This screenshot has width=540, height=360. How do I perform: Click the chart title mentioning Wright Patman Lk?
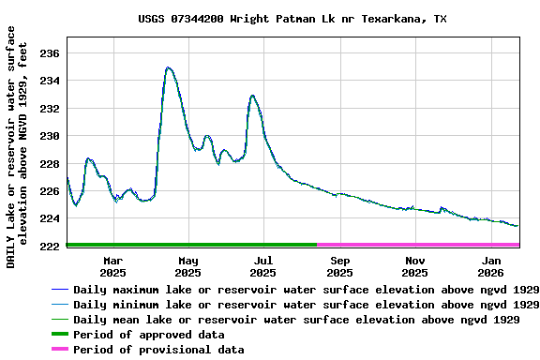(292, 18)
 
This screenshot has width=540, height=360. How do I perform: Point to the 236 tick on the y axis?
(49, 53)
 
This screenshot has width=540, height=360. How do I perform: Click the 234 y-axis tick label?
(49, 81)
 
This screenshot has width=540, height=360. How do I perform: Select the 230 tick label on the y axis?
(49, 136)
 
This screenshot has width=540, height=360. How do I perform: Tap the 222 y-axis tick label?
(49, 246)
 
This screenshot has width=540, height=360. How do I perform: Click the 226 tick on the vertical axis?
(49, 191)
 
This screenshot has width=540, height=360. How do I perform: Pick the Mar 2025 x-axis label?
(112, 266)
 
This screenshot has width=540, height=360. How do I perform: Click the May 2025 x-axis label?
(188, 266)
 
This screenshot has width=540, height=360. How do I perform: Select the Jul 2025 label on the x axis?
(263, 266)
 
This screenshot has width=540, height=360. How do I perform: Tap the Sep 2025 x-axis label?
(340, 266)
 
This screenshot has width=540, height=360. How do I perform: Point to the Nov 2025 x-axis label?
(415, 266)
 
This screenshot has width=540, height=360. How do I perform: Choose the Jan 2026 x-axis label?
(491, 266)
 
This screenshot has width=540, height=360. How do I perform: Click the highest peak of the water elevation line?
(168, 67)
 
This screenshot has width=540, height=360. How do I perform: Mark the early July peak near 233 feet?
(252, 96)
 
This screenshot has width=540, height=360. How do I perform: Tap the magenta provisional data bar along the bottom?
(418, 245)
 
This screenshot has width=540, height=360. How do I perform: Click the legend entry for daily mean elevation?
(296, 320)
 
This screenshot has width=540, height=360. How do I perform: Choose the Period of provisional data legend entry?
(158, 350)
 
